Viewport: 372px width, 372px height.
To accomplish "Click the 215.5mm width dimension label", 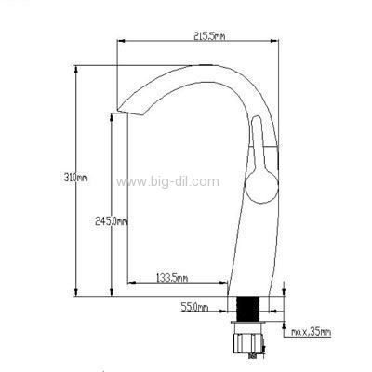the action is (209, 36).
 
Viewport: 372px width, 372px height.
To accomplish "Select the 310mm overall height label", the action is (76, 178).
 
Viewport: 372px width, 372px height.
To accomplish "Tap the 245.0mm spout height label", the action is (112, 221).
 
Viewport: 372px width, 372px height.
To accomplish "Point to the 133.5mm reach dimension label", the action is (171, 278).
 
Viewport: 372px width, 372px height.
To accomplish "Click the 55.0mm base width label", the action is (194, 307).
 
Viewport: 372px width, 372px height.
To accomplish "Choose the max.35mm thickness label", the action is (311, 333).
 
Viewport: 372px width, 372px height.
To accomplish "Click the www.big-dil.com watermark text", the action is (167, 181).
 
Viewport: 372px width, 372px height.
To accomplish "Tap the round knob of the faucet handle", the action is (261, 187).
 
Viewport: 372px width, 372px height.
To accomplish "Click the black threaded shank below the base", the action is (247, 309).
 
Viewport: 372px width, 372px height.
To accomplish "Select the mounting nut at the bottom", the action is (248, 342).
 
